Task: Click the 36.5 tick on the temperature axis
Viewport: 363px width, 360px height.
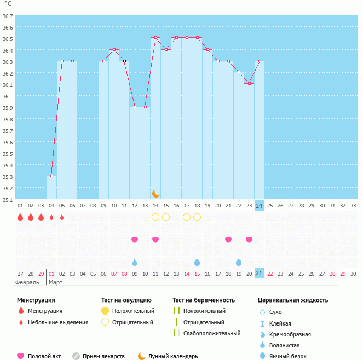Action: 7,39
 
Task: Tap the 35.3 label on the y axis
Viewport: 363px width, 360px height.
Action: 7,177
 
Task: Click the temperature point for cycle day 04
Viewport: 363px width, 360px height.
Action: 51,176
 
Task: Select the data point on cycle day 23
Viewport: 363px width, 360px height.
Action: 249,84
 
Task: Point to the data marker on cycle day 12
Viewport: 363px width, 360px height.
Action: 135,107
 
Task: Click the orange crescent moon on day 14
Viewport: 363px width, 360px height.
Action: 155,194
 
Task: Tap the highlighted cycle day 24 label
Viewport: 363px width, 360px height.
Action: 260,205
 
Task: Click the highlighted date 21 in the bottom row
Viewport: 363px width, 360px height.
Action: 260,273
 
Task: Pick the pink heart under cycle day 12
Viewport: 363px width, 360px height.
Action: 135,240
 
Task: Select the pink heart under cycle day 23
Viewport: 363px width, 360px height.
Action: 249,240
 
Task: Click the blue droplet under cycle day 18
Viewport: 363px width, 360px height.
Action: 197,263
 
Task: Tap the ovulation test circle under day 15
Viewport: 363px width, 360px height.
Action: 166,217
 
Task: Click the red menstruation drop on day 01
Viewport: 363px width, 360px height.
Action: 20,217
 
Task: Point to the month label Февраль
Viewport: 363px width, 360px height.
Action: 27,282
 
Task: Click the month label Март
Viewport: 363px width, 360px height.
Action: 55,282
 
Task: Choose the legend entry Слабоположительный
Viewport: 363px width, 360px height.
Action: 212,333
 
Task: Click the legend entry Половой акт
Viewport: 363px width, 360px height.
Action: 43,356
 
